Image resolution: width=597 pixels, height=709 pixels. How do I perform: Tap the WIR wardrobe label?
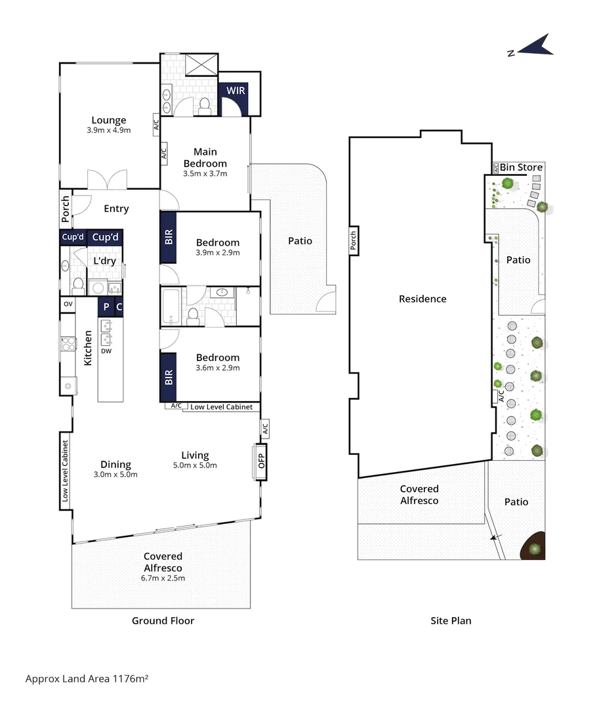[x=236, y=90]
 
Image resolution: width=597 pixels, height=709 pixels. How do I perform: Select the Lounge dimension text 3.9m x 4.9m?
[x=109, y=130]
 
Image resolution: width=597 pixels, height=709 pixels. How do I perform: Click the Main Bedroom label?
[x=205, y=158]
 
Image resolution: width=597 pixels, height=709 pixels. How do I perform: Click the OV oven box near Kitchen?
[x=68, y=304]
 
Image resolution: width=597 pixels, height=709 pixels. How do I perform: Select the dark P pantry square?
[x=106, y=306]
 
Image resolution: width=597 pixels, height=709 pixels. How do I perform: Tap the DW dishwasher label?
[x=105, y=351]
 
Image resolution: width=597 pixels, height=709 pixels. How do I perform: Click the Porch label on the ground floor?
[x=65, y=209]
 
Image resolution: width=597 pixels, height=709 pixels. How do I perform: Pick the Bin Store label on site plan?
[x=521, y=167]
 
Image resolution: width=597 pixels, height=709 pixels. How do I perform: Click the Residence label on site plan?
[x=422, y=299]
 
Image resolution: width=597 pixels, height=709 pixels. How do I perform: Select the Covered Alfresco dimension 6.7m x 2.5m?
[x=163, y=578]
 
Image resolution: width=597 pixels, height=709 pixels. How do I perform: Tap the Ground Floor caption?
[x=163, y=620]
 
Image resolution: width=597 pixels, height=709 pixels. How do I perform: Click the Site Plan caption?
[x=451, y=620]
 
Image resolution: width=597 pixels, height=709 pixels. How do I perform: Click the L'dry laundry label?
[x=104, y=261]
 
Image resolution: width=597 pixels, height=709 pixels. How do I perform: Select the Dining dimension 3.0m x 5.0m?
[x=115, y=475]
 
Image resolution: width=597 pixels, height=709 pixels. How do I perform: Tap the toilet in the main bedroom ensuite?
[x=204, y=105]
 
